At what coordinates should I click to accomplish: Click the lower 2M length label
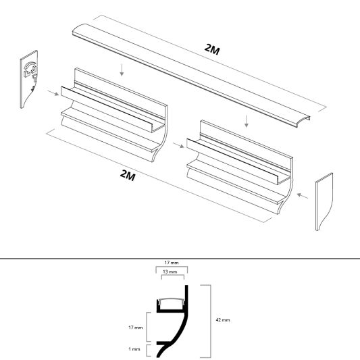(127, 176)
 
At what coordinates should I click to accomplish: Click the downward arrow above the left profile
(120, 68)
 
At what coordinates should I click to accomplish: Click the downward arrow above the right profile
(247, 120)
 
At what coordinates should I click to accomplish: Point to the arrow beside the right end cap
(304, 196)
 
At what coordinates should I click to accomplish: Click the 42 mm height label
(223, 319)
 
